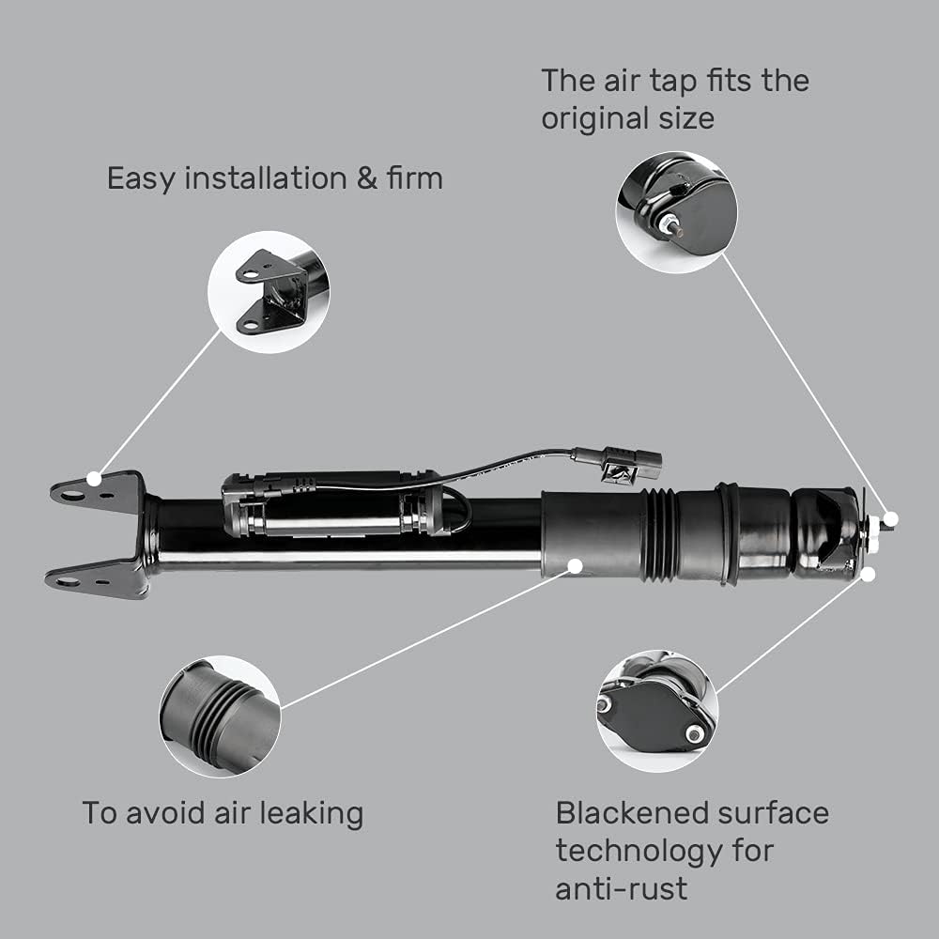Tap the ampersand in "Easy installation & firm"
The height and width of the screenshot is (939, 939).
point(366,178)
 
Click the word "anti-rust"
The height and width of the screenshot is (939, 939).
point(621,887)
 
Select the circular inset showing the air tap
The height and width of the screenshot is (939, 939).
point(676,212)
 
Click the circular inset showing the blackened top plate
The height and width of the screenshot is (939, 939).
point(657,709)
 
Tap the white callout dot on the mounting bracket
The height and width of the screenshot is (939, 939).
point(94,478)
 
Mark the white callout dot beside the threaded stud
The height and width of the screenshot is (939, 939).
point(891,518)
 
